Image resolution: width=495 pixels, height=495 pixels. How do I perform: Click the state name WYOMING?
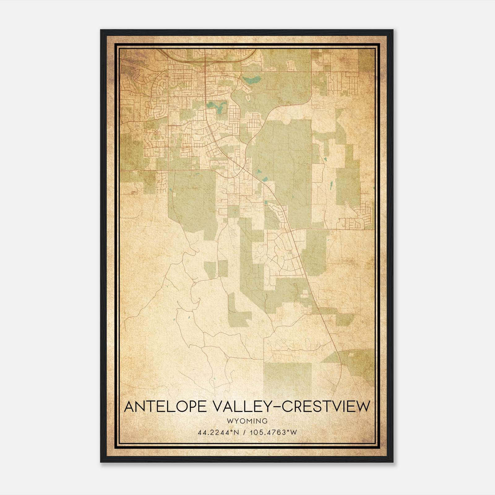[x=247, y=421]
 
